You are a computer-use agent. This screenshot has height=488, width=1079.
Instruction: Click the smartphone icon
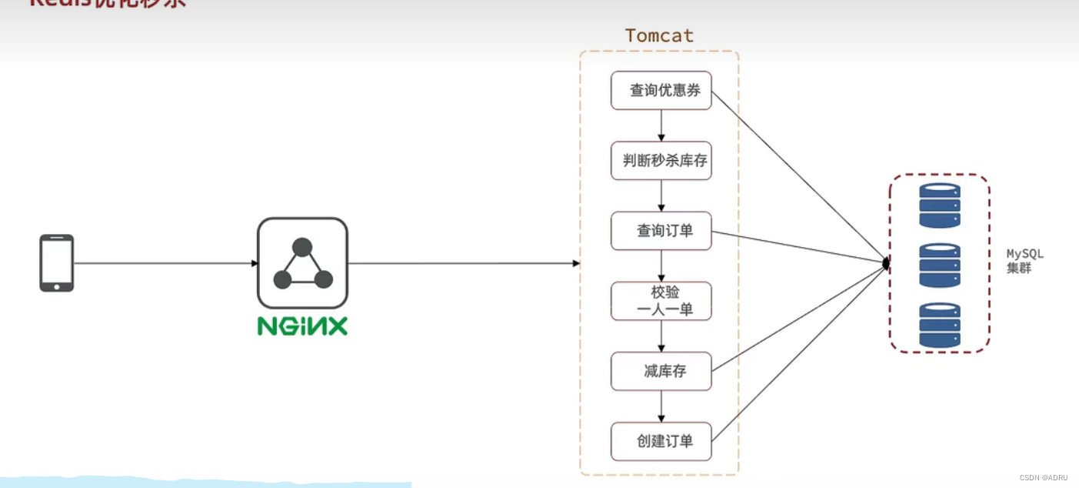coord(57,263)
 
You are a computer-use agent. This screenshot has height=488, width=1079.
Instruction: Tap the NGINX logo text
coord(302,326)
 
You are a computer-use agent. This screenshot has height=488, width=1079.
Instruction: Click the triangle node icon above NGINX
coord(302,263)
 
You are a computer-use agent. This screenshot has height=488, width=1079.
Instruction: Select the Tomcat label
coord(659,35)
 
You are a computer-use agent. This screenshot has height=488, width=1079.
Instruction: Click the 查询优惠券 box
coord(661,91)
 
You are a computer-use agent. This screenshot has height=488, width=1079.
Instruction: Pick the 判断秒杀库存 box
coord(661,161)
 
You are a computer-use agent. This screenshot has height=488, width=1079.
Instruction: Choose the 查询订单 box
coord(661,231)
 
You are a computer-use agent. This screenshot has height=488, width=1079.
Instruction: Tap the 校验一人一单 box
coord(661,301)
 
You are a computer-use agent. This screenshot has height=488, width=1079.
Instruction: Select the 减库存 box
coord(661,372)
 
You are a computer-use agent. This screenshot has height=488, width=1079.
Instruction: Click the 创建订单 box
coord(661,442)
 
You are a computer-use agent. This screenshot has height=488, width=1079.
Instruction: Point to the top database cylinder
coord(940,206)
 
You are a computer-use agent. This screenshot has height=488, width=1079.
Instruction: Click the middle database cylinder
coord(940,266)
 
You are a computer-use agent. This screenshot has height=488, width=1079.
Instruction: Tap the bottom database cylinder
coord(940,325)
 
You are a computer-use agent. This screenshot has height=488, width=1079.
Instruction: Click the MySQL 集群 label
coord(1024,262)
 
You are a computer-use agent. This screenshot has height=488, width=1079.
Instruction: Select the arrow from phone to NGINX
coord(165,263)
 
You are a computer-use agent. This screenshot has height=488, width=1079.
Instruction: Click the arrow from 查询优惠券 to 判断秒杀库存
coord(661,125)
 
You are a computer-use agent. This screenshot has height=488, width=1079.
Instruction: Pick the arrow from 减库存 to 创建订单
coord(661,406)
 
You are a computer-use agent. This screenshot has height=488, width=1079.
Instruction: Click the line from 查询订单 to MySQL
coord(800,247)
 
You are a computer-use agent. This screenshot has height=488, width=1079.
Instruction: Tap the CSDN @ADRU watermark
coord(1044,478)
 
